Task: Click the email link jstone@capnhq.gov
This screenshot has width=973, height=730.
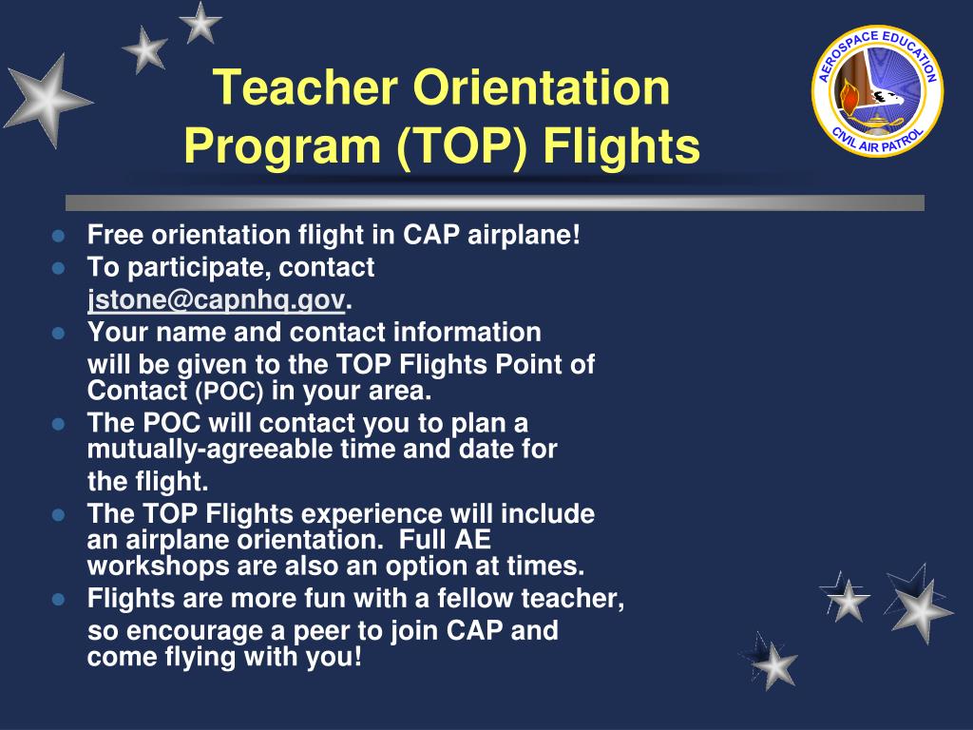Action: pyautogui.click(x=218, y=300)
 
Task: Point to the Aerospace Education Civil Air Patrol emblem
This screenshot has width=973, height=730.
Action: pyautogui.click(x=877, y=91)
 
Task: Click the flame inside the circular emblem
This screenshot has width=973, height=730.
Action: pyautogui.click(x=849, y=93)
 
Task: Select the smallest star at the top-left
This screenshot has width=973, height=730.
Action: pyautogui.click(x=200, y=23)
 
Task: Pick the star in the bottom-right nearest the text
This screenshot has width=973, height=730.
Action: pyautogui.click(x=775, y=663)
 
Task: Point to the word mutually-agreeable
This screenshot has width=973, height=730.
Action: pyautogui.click(x=210, y=449)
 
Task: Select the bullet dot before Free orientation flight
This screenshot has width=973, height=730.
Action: pyautogui.click(x=58, y=236)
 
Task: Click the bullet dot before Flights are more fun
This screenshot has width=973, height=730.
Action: pyautogui.click(x=58, y=600)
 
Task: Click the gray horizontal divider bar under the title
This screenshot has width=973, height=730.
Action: pyautogui.click(x=494, y=202)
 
